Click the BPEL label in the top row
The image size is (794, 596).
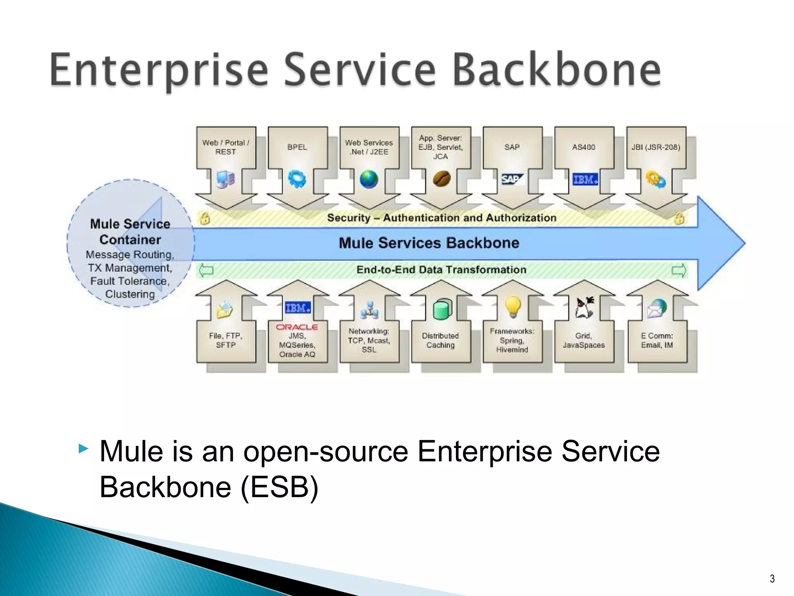click(x=297, y=147)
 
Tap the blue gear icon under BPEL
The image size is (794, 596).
click(x=297, y=179)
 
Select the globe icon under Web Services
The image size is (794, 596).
click(x=369, y=179)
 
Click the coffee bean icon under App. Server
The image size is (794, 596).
click(x=441, y=179)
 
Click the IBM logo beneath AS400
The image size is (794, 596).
click(x=585, y=179)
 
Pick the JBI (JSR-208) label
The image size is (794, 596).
click(x=656, y=147)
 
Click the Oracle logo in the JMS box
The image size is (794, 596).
click(x=297, y=327)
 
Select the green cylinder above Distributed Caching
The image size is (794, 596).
click(x=442, y=309)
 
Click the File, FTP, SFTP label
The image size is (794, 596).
click(x=226, y=340)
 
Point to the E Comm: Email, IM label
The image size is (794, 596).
click(x=657, y=340)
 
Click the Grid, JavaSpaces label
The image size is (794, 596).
click(x=583, y=340)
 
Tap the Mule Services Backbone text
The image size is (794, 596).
click(x=429, y=243)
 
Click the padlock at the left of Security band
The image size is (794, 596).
click(x=205, y=218)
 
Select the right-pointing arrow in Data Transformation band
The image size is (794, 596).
click(x=679, y=270)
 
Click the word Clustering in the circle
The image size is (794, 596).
click(x=130, y=294)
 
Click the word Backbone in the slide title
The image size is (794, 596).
click(x=557, y=70)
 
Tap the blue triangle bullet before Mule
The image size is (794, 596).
click(x=83, y=449)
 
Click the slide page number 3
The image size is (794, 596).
click(x=772, y=579)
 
